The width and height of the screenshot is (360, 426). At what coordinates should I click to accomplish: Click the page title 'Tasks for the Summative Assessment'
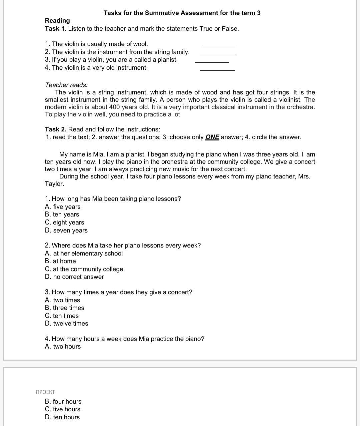point(182,13)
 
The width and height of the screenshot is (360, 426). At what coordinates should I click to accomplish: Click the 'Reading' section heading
point(57,21)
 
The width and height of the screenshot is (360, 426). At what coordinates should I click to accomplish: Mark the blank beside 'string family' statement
point(217,54)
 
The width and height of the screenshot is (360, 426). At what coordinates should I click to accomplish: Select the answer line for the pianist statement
point(212,61)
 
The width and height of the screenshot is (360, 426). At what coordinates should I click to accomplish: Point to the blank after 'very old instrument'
point(217,69)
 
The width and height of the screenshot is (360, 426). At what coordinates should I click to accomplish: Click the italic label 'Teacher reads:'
point(66,85)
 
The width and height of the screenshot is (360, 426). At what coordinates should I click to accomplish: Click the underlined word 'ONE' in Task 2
point(212,137)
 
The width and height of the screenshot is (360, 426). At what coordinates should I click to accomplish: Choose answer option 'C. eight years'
point(64,223)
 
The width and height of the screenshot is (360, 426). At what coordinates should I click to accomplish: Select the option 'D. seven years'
point(66,231)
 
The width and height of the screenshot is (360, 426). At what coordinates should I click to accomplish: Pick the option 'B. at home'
point(60,261)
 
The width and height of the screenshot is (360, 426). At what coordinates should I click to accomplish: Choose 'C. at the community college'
point(84,269)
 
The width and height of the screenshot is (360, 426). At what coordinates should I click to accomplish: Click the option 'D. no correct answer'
point(74,277)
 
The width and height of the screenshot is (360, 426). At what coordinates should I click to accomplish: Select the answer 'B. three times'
point(64,308)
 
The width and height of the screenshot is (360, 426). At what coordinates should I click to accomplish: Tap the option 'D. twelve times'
point(66,324)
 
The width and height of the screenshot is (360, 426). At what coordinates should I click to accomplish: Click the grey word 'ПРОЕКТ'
point(45,392)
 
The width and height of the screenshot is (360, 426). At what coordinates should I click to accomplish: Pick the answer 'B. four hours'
point(63,402)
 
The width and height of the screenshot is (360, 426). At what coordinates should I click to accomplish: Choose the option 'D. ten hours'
point(62,417)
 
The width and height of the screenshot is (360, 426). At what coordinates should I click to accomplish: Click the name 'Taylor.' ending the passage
point(54,184)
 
